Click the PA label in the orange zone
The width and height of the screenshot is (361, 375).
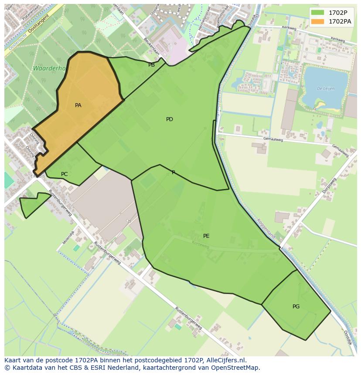(78, 105)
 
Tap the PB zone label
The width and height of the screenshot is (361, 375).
(151, 65)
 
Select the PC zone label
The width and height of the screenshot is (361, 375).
(64, 174)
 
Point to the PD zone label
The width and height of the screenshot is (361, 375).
(170, 119)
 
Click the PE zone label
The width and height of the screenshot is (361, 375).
(206, 236)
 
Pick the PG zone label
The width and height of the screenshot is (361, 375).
(296, 307)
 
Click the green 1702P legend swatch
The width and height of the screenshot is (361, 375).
(318, 12)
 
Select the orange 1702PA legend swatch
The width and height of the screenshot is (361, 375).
(318, 21)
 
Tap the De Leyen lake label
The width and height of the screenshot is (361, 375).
(325, 88)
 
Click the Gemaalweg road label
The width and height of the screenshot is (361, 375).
(273, 139)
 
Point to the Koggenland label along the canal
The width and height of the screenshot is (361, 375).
(266, 228)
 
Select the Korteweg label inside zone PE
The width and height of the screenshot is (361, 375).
(201, 245)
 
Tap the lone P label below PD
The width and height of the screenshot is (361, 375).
(173, 172)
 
